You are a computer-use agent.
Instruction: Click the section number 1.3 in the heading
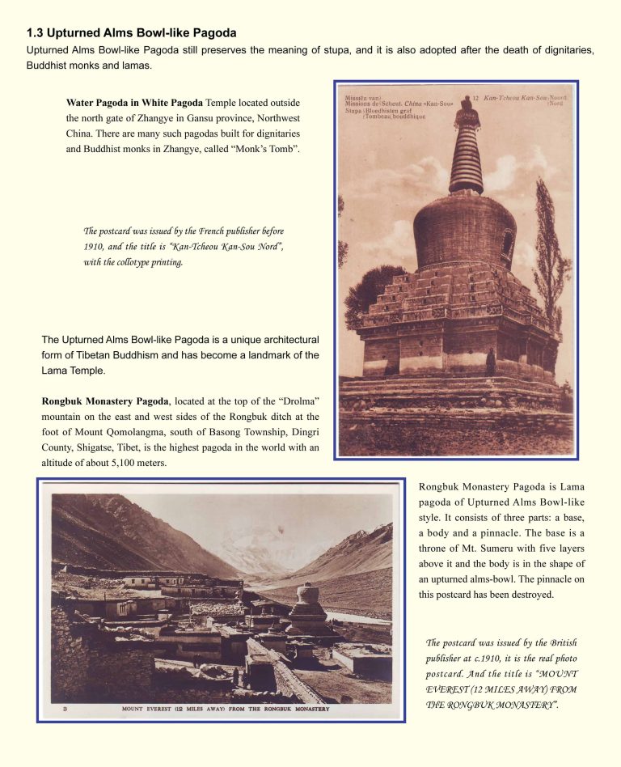pos(35,33)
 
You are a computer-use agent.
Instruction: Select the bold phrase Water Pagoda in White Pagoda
pos(134,103)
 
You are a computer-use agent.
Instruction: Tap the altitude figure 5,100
pos(162,464)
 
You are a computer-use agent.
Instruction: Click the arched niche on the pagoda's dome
pos(507,241)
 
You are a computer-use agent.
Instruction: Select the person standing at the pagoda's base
pos(490,362)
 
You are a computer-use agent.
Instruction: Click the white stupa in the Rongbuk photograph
pos(307,604)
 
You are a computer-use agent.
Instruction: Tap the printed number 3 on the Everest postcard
pos(64,709)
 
